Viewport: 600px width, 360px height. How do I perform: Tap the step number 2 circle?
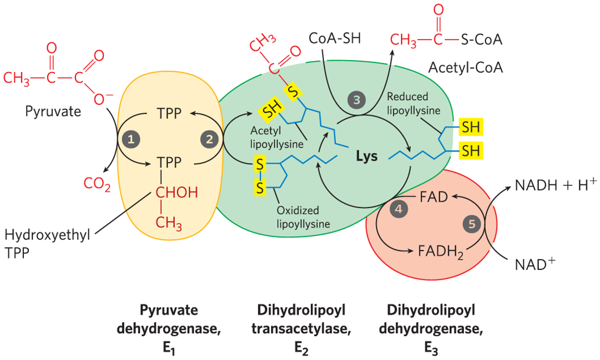209,139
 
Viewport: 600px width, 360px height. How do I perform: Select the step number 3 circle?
356,100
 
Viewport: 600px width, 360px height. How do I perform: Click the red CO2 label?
98,184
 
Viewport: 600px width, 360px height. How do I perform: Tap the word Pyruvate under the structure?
53,112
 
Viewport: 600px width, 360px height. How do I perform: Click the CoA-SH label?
334,38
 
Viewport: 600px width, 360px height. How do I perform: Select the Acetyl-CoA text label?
465,68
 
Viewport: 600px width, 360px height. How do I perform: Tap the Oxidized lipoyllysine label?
298,217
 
